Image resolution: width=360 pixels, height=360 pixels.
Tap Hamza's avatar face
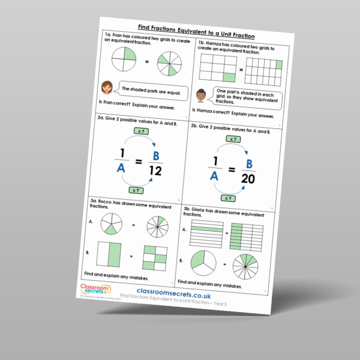coord(202,94)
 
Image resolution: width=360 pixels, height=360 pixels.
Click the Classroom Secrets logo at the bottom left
coord(93,289)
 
